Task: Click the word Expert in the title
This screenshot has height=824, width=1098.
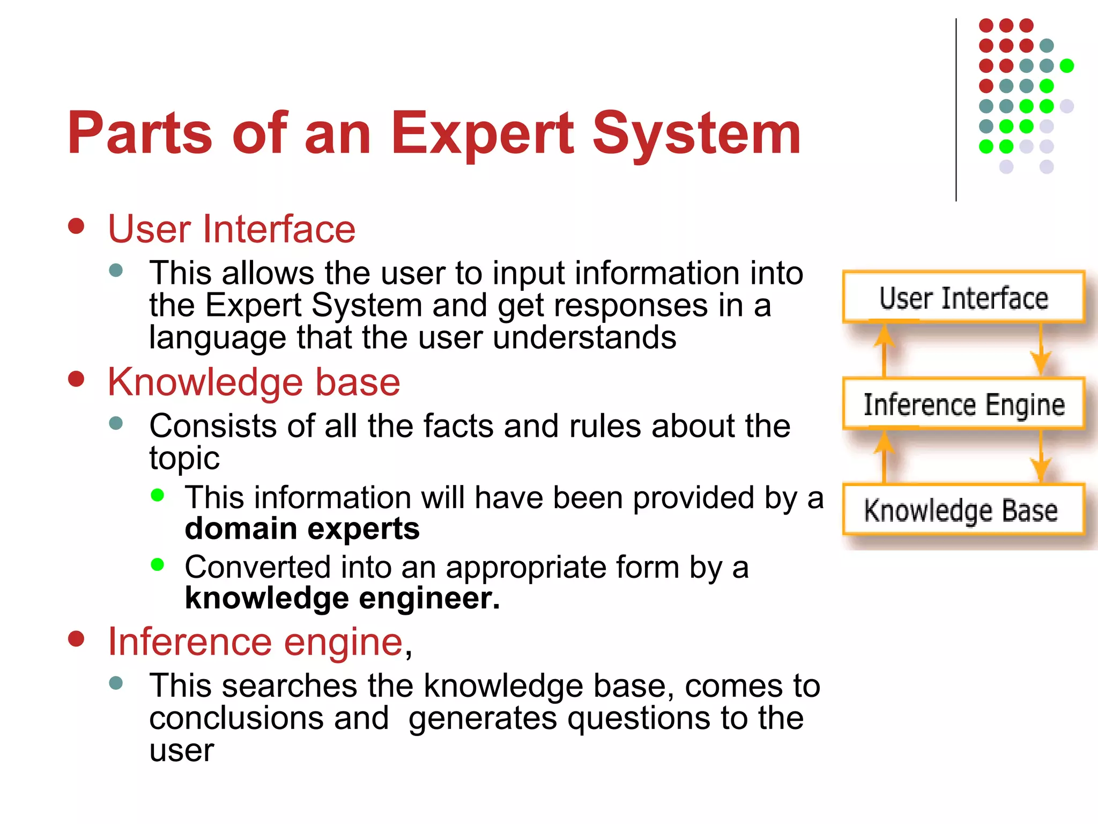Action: coord(483,133)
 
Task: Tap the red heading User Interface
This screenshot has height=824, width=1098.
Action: coord(232,229)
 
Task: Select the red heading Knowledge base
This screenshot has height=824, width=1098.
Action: coord(254,382)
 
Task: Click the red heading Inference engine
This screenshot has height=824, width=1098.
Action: coord(256,642)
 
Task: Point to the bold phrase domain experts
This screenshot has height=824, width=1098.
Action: coord(302,529)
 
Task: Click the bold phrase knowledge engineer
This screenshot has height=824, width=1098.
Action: coord(342,598)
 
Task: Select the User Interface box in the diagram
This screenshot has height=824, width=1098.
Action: coord(963,298)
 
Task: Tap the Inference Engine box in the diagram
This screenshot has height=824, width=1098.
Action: coord(963,404)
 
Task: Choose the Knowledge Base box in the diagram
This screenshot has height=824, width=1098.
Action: coord(963,510)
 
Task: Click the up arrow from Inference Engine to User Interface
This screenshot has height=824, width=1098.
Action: coord(884,349)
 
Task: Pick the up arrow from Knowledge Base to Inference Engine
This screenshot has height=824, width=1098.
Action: coord(884,456)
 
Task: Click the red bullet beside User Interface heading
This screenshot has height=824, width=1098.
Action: coord(77,226)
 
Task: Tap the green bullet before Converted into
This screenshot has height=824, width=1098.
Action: coord(157,564)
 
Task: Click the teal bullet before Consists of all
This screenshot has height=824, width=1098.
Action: coord(116,423)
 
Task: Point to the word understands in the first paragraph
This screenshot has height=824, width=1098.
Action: coord(584,337)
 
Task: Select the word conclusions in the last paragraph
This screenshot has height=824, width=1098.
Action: coord(269,718)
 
